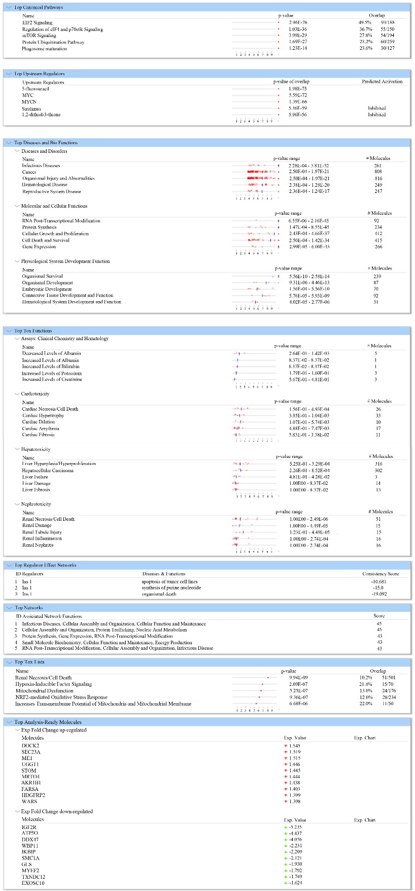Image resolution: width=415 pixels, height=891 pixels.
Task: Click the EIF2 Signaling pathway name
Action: pos(37,23)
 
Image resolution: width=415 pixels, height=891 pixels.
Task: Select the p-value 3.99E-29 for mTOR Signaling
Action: pos(298,36)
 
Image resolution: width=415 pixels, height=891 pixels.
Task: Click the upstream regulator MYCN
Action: pos(29,102)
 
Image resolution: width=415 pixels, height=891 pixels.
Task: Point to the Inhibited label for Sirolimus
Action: pos(376,108)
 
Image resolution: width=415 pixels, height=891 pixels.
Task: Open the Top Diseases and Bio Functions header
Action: pos(46,143)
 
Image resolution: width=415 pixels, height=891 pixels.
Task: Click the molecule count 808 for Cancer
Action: pos(377,172)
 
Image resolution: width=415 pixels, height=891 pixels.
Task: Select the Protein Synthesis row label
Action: pos(39,227)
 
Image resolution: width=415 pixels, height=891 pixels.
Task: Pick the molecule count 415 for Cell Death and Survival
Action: pos(377,240)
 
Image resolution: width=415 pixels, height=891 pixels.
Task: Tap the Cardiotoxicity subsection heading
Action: pos(35,394)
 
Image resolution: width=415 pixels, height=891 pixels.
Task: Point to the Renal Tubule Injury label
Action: pos(42,532)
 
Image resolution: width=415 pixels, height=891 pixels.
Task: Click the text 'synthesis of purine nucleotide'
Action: pos(171,588)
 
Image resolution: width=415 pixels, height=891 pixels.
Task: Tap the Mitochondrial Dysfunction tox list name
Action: pos(44,691)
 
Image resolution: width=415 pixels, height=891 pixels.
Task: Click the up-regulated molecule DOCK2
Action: pos(30,746)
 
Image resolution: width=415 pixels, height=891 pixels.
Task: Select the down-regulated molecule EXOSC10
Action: pos(33,883)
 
